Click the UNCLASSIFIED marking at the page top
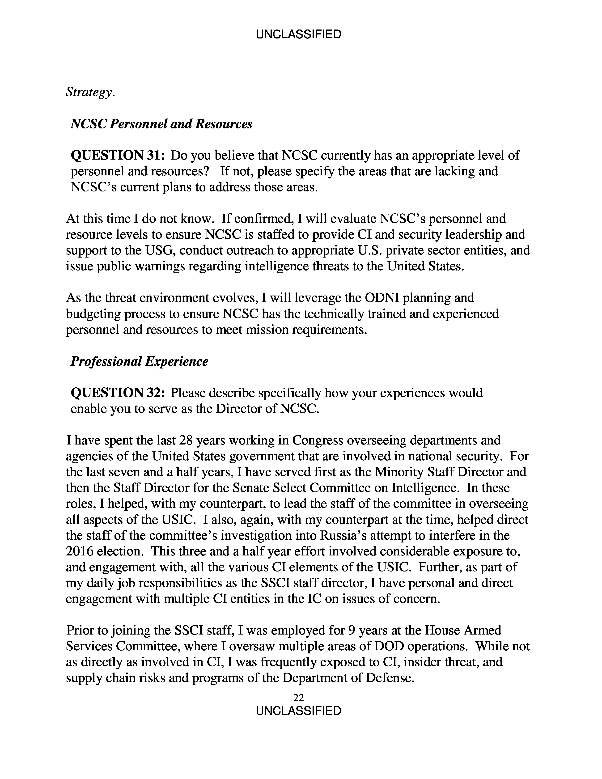(298, 35)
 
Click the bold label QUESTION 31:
(118, 156)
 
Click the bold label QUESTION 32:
(118, 393)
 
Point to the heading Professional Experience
(139, 361)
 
